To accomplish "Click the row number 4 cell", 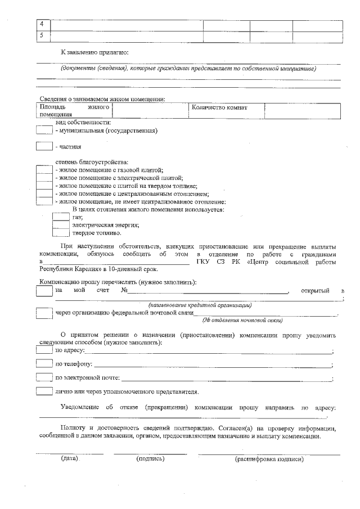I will (43, 25).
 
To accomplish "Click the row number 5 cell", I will (43, 37).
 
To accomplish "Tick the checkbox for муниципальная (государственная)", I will (44, 130).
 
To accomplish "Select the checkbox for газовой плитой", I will (44, 169).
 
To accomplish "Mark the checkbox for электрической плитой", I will (44, 177).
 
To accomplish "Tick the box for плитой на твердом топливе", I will (44, 185).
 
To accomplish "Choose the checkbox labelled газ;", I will (61, 217).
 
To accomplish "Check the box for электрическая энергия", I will (61, 224).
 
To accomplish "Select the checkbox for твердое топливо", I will (61, 232).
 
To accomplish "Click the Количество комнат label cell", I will (227, 111).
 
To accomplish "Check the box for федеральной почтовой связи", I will (44, 313).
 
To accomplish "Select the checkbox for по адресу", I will (44, 350).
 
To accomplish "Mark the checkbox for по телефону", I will (44, 364).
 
